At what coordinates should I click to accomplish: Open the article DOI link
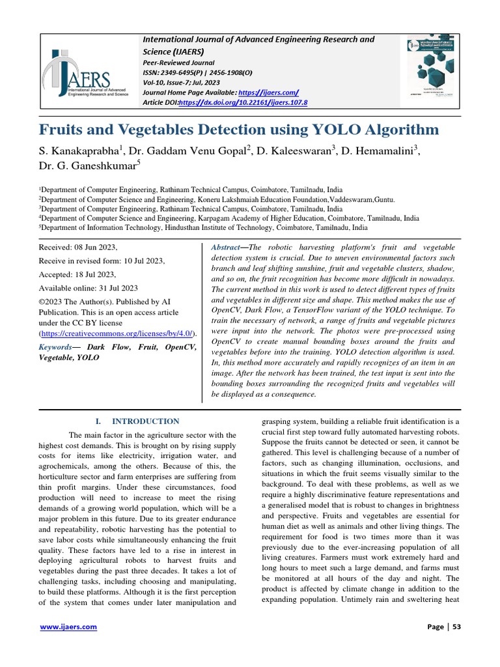[x=242, y=103]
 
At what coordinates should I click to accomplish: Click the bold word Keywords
[x=55, y=347]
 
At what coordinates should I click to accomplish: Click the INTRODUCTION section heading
[x=146, y=421]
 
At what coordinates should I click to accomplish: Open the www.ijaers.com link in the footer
[x=68, y=627]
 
